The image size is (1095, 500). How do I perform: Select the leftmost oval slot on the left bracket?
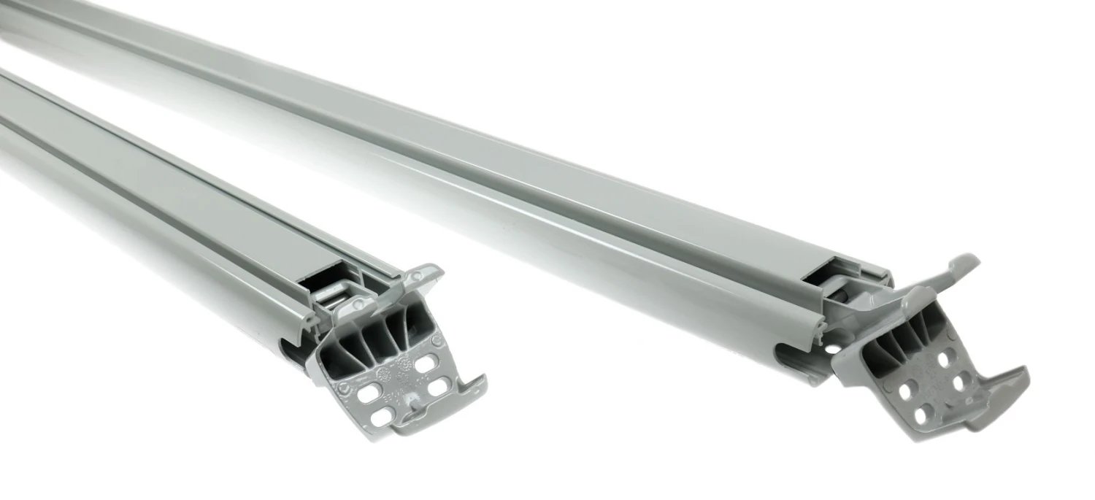tap(370, 391)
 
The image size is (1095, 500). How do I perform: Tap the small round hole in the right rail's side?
tap(833, 350)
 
